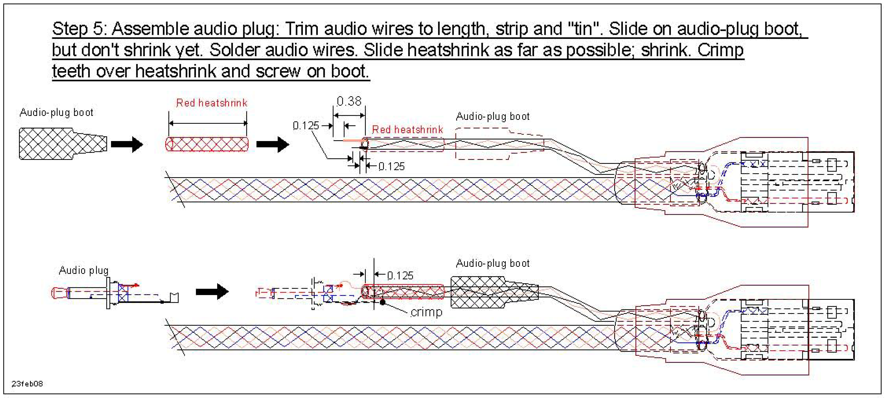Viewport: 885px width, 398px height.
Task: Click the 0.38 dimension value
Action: [x=349, y=101]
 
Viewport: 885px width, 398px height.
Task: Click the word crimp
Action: [x=426, y=312]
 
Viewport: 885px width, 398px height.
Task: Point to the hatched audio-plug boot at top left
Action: [x=62, y=143]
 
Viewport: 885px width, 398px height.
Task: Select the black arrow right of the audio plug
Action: [x=212, y=292]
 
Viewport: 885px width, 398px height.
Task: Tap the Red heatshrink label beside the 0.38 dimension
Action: [x=407, y=130]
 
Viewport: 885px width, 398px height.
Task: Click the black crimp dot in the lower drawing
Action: [x=382, y=302]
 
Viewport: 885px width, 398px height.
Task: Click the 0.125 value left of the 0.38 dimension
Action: [x=306, y=126]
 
